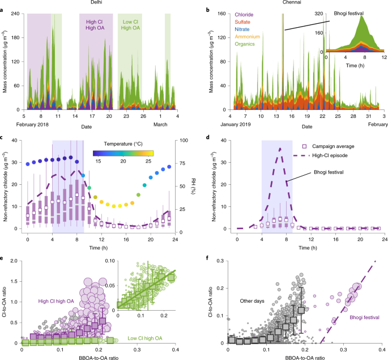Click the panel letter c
[x=3, y=135]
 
